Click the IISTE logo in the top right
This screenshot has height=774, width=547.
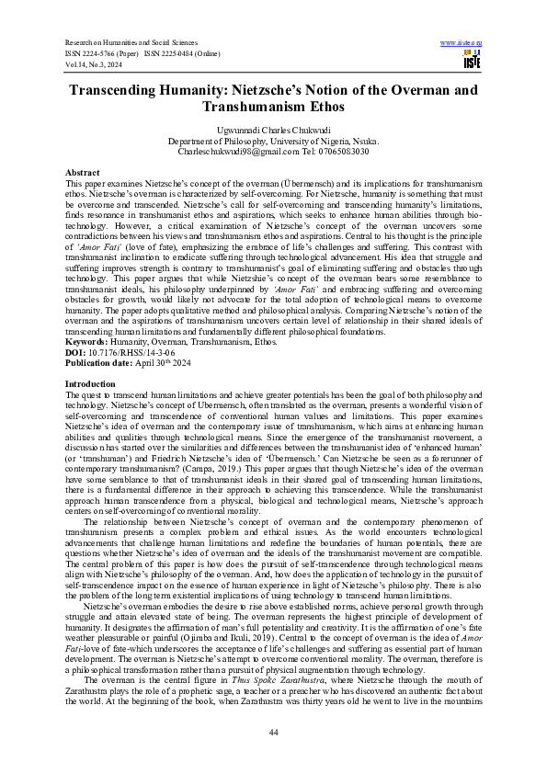[x=472, y=59]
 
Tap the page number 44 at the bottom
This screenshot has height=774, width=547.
[x=273, y=731]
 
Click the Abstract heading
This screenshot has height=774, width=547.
[x=83, y=173]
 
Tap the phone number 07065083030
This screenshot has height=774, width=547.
[x=339, y=151]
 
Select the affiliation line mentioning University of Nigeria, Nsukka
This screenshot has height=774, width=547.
[x=273, y=142]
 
